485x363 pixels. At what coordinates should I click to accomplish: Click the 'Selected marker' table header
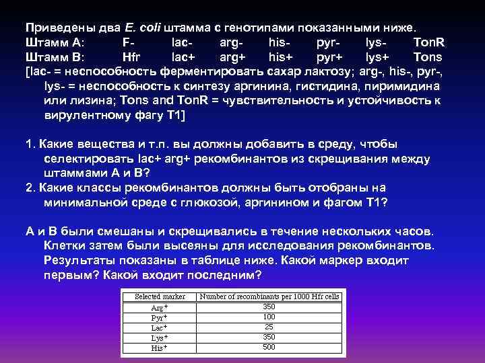click(x=160, y=296)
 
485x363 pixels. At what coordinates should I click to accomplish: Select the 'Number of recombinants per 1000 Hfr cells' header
click(x=270, y=296)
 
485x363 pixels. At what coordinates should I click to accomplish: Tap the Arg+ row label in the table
click(x=160, y=307)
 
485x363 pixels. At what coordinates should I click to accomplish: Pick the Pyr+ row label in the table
click(x=160, y=317)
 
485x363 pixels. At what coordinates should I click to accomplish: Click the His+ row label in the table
click(x=160, y=348)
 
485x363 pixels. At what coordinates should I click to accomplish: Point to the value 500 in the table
click(x=269, y=348)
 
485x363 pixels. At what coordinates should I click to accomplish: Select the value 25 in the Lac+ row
click(x=269, y=327)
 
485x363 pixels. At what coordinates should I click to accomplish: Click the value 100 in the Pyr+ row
click(x=269, y=317)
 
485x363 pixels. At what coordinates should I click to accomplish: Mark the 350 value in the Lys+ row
click(x=269, y=337)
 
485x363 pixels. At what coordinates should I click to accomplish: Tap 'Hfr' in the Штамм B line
click(x=133, y=57)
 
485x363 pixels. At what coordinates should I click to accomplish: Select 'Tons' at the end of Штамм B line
click(x=428, y=57)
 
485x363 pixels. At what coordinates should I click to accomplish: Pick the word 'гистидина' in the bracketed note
click(x=302, y=87)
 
